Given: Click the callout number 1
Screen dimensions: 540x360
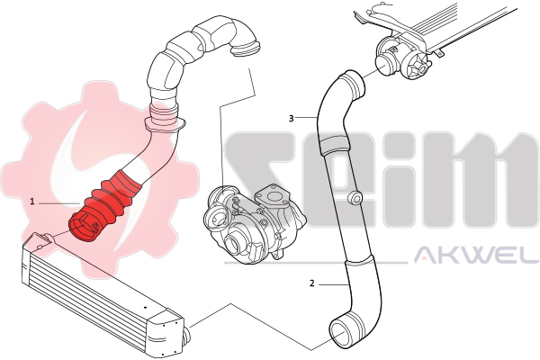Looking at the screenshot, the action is (x=32, y=202).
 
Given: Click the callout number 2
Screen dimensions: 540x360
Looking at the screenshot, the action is (x=312, y=283).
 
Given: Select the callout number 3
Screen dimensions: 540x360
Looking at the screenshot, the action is (x=292, y=119).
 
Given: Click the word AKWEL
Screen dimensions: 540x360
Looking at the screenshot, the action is (x=476, y=254).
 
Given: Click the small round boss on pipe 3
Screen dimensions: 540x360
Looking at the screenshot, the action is (x=355, y=197).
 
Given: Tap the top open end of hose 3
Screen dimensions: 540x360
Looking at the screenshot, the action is (x=354, y=84).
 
